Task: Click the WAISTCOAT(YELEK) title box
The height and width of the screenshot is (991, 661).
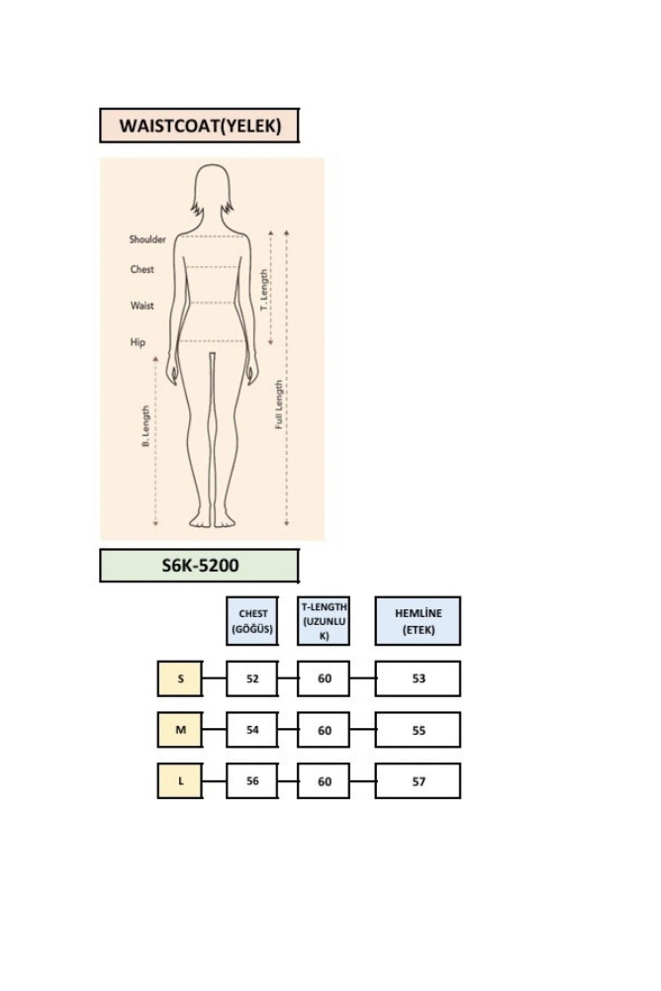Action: (199, 125)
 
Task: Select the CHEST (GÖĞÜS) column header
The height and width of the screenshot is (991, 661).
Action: (252, 621)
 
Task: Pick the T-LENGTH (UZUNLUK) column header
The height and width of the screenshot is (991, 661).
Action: (323, 621)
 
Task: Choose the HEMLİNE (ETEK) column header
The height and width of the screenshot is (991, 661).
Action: (418, 621)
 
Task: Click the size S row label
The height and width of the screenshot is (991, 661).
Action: (180, 678)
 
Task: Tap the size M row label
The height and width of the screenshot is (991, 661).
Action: (180, 730)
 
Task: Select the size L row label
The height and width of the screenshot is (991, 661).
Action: (180, 781)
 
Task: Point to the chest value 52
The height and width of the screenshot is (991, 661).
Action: (252, 678)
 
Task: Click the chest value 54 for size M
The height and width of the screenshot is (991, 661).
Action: (252, 730)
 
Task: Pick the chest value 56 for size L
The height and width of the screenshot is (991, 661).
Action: (252, 781)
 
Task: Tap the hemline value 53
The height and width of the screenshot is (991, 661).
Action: (418, 678)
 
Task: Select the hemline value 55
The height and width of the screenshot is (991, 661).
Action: (418, 730)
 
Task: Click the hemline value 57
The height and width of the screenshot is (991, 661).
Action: (418, 781)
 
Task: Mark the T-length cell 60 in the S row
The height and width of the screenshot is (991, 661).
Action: (323, 678)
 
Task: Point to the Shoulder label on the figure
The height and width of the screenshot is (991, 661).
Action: (147, 239)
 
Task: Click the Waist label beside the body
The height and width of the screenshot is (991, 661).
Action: (142, 305)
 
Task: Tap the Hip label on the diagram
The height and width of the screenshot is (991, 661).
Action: (138, 342)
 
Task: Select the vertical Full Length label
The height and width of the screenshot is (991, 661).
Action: (279, 405)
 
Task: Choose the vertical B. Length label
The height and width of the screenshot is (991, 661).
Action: (146, 426)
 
